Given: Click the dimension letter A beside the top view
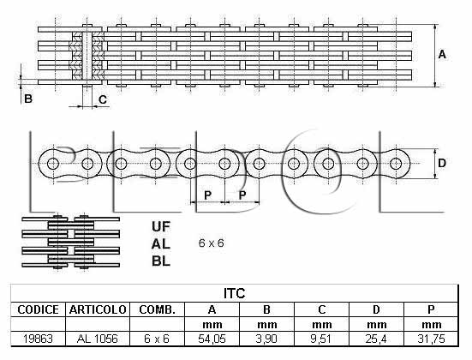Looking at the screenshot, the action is coord(442,55).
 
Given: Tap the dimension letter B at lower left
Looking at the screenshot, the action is coord(28,99).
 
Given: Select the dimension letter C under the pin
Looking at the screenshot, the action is coord(103,99).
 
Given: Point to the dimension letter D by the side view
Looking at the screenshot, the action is coord(442,163).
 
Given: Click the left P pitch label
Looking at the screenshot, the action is coord(207,195).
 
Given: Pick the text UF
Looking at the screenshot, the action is coord(161,226).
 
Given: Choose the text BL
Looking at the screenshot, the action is coord(161,261).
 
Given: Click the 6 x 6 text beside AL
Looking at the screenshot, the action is coord(212,243).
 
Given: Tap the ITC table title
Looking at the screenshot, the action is coord(235,293).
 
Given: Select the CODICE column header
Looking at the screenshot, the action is coord(38,309).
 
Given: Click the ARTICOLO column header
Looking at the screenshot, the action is coord(98,309).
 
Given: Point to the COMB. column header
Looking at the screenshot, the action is coord(157,309).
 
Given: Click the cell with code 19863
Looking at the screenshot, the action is coord(38,339).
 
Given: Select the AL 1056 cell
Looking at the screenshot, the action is coord(98,339).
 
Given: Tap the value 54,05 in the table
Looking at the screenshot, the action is coord(212,339).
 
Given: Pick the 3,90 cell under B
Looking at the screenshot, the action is coord(266,339).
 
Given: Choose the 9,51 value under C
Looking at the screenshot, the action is coord(321,339).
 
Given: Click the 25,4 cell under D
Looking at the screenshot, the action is coord(376,339).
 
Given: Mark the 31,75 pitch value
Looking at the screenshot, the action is coord(431,339).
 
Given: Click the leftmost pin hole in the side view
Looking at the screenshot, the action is coord(53,164).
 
